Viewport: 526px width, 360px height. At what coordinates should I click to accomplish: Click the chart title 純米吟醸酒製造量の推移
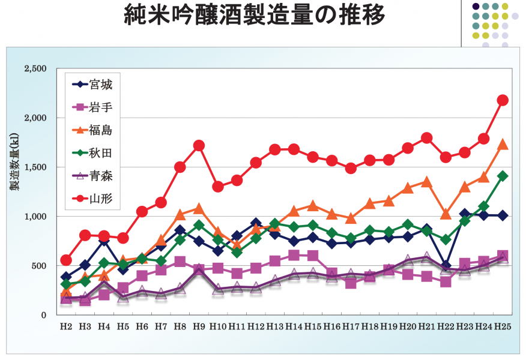(255, 17)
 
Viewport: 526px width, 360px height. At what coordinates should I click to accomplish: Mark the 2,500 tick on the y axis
(35, 69)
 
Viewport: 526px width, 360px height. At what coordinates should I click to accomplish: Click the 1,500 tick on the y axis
(35, 167)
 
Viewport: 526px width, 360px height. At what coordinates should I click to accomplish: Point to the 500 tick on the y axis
(38, 266)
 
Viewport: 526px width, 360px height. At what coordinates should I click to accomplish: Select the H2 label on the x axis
(66, 326)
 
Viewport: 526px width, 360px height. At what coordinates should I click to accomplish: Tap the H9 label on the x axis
(199, 326)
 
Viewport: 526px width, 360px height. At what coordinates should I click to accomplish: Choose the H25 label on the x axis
(502, 326)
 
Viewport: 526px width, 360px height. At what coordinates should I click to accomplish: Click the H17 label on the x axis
(351, 326)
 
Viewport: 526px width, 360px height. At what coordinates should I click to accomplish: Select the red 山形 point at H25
(503, 100)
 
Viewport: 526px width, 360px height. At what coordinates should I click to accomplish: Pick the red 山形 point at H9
(199, 146)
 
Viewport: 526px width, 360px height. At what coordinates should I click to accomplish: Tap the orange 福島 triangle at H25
(503, 145)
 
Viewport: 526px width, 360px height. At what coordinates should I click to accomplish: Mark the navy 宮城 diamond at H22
(446, 265)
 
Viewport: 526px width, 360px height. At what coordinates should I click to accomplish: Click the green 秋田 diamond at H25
(503, 176)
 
